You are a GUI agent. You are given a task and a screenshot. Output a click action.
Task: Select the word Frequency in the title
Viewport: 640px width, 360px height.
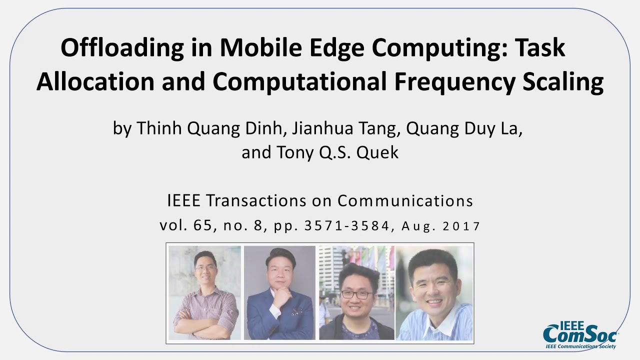pyautogui.click(x=453, y=82)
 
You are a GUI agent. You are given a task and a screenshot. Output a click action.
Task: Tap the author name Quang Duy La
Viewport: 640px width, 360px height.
pyautogui.click(x=464, y=129)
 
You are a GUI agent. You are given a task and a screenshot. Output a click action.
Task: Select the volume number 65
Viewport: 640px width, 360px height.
pyautogui.click(x=203, y=226)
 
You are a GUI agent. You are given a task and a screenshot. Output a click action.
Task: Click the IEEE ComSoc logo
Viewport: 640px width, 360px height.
pyautogui.click(x=580, y=334)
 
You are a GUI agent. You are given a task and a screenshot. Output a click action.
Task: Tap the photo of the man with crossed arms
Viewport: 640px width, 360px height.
pyautogui.click(x=204, y=293)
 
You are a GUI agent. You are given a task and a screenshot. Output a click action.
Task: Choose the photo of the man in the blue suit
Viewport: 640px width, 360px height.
pyautogui.click(x=279, y=293)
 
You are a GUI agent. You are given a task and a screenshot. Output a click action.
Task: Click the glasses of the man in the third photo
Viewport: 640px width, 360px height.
pyautogui.click(x=356, y=294)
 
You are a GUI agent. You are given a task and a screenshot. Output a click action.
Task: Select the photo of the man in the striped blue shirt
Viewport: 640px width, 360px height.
pyautogui.click(x=434, y=293)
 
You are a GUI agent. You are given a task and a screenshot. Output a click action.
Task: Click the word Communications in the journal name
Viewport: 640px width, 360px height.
pyautogui.click(x=405, y=201)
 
